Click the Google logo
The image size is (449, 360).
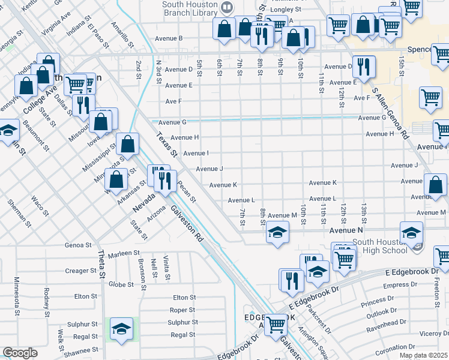(20, 353)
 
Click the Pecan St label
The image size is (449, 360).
(187, 190)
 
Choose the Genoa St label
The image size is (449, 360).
(79, 245)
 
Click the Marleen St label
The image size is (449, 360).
(124, 253)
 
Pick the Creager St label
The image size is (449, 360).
(77, 271)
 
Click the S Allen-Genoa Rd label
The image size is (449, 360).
(390, 114)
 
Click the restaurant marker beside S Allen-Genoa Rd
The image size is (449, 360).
(364, 65)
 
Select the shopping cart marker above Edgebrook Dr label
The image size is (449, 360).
(276, 325)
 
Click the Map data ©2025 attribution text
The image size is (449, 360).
(423, 355)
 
